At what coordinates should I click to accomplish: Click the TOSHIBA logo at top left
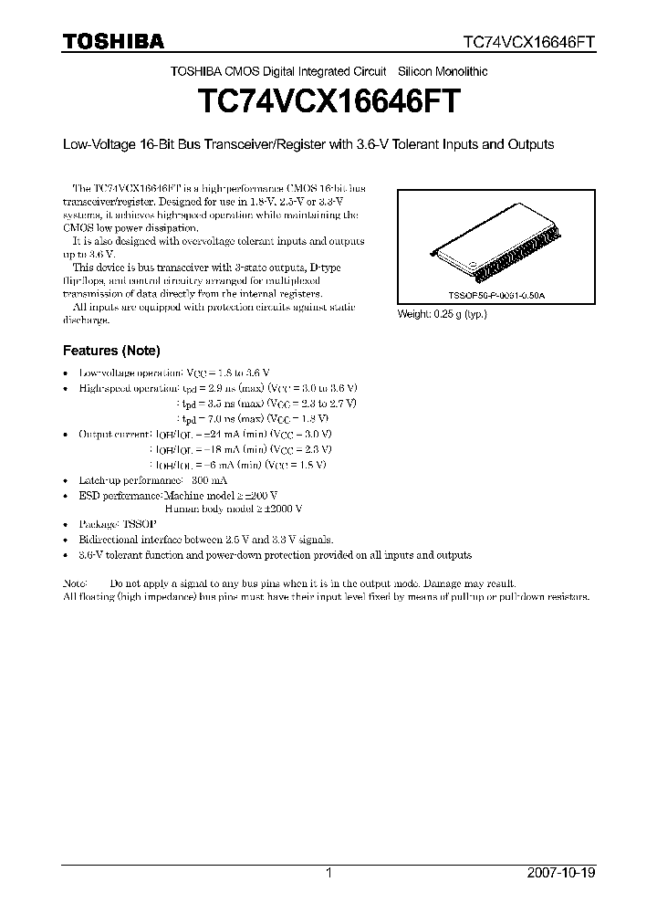pyautogui.click(x=113, y=41)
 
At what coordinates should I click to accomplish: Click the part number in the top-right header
pyautogui.click(x=530, y=42)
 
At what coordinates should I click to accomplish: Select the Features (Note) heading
pyautogui.click(x=111, y=351)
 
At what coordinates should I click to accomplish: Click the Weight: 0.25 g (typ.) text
pyautogui.click(x=441, y=314)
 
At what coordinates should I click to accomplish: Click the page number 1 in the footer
pyautogui.click(x=328, y=873)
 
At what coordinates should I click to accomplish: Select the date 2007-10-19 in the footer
pyautogui.click(x=559, y=873)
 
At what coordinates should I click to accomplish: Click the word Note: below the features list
pyautogui.click(x=75, y=583)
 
